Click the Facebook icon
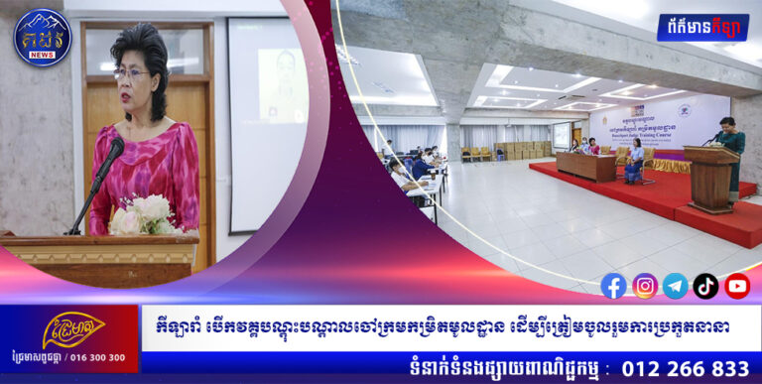(x=614, y=286)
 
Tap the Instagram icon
(x=645, y=286)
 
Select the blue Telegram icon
(x=676, y=286)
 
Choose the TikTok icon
(x=705, y=286)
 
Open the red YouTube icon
(x=737, y=286)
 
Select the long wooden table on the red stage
(x=584, y=165)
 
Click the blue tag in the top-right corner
(x=702, y=26)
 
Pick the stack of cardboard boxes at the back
(x=521, y=150)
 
